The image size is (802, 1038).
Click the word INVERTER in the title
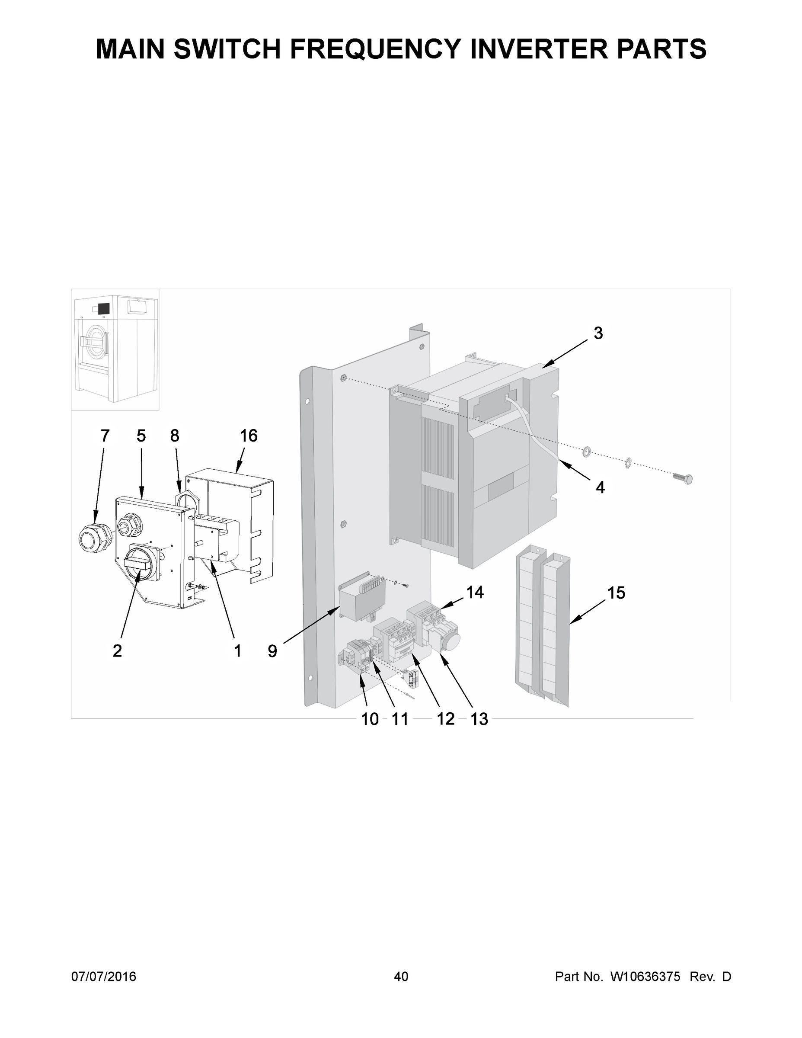pyautogui.click(x=538, y=49)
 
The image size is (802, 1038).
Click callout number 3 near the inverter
pyautogui.click(x=598, y=333)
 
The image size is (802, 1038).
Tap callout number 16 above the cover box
pyautogui.click(x=248, y=436)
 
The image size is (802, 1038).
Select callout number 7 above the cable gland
pyautogui.click(x=105, y=436)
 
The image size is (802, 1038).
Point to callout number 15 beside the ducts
pyautogui.click(x=616, y=593)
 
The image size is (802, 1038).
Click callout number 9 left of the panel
pyautogui.click(x=272, y=650)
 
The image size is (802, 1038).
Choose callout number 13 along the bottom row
pyautogui.click(x=479, y=720)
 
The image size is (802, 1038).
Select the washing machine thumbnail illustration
pyautogui.click(x=115, y=349)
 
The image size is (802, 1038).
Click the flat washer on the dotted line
pyautogui.click(x=586, y=451)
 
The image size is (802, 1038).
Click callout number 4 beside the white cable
pyautogui.click(x=600, y=487)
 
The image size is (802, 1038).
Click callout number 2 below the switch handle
pyautogui.click(x=117, y=650)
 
